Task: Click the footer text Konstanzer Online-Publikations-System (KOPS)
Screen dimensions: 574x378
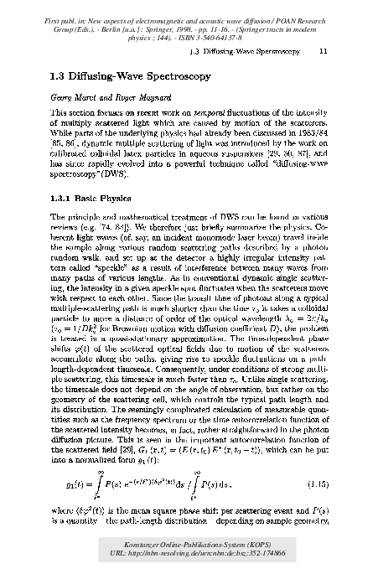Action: click(x=189, y=546)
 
